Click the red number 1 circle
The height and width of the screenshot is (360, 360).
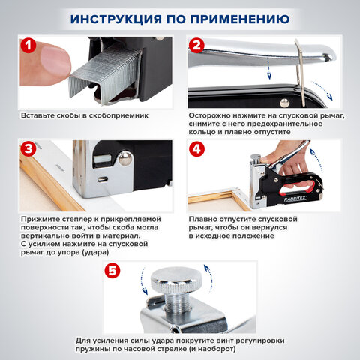[27, 46]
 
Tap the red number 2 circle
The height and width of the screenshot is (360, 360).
[196, 46]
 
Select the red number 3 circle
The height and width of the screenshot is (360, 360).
[27, 149]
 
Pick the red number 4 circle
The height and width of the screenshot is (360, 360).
[196, 149]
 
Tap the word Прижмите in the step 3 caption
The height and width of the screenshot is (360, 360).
[42, 220]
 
